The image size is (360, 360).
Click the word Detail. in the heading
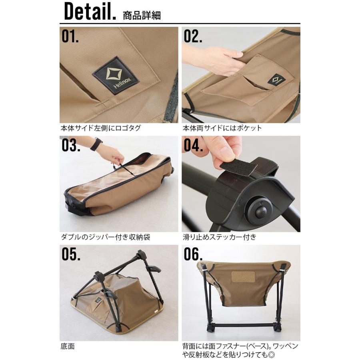click(90, 12)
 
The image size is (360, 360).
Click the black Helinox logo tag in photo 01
click(116, 75)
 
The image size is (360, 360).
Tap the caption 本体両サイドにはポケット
click(222, 128)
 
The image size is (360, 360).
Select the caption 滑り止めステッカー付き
click(219, 237)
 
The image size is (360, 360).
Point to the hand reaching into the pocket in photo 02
click(218, 58)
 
